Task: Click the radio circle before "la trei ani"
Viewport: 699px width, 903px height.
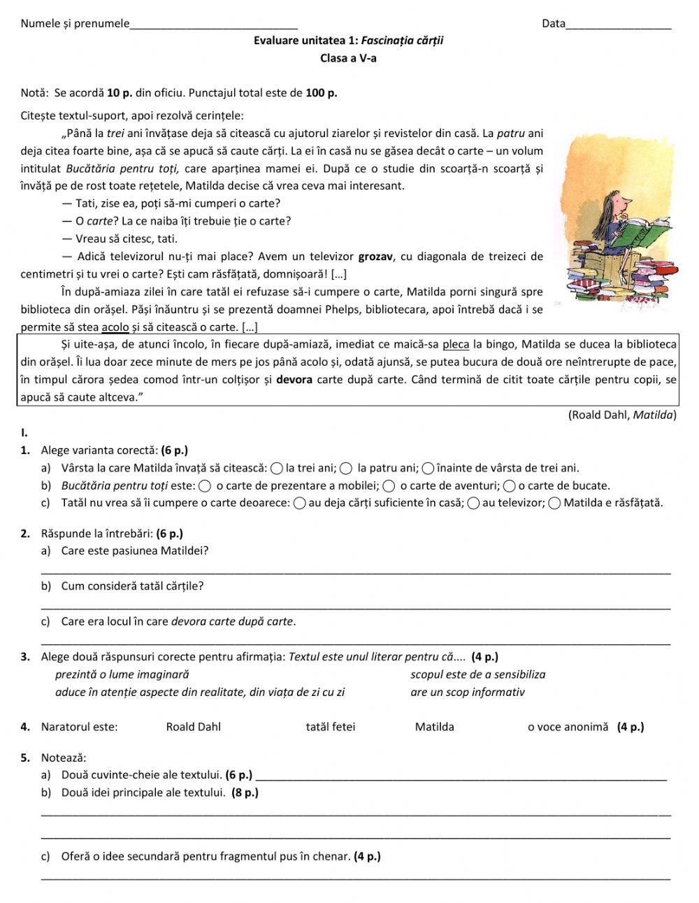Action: [277, 469]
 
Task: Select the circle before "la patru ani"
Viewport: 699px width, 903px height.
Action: [346, 469]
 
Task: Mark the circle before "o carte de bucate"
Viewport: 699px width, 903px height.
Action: [510, 486]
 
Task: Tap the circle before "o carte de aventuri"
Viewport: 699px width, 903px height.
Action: [389, 486]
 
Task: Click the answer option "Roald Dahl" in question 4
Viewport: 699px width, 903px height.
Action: [193, 727]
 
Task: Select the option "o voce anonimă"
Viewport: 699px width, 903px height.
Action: [568, 727]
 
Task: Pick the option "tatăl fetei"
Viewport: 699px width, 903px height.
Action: [330, 727]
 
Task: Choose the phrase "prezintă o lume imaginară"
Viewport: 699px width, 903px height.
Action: [122, 674]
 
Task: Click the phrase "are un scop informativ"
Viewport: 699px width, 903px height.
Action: [467, 692]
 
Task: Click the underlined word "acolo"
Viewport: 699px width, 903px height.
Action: [115, 327]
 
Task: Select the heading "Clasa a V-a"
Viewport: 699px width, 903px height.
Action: [348, 59]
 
